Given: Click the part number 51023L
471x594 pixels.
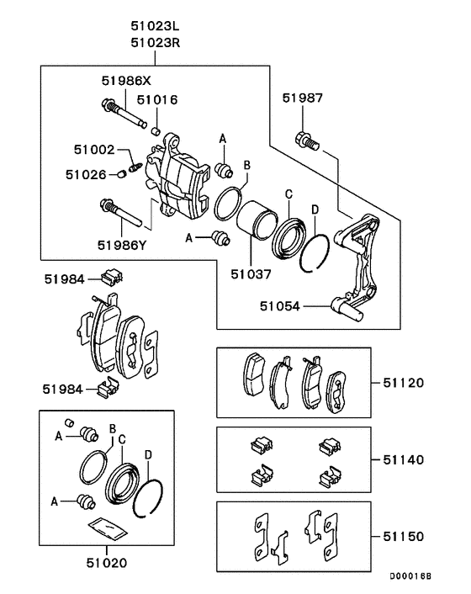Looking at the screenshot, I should point(156,26).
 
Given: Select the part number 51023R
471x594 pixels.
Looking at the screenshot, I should point(156,41).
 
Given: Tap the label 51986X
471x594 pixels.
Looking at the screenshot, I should point(124,82).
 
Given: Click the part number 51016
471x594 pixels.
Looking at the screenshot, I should point(157,99).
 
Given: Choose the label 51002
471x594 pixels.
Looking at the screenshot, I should point(93,149).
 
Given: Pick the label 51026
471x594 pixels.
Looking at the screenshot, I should point(87,174).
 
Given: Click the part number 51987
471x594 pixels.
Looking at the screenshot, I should point(302,99).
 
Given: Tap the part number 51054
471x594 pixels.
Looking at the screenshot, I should point(280,306).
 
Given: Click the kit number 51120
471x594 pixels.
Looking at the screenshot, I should point(404,382).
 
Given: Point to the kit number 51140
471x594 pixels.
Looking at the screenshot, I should point(404,460).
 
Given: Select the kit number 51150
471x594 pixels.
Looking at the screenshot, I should point(404,535).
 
